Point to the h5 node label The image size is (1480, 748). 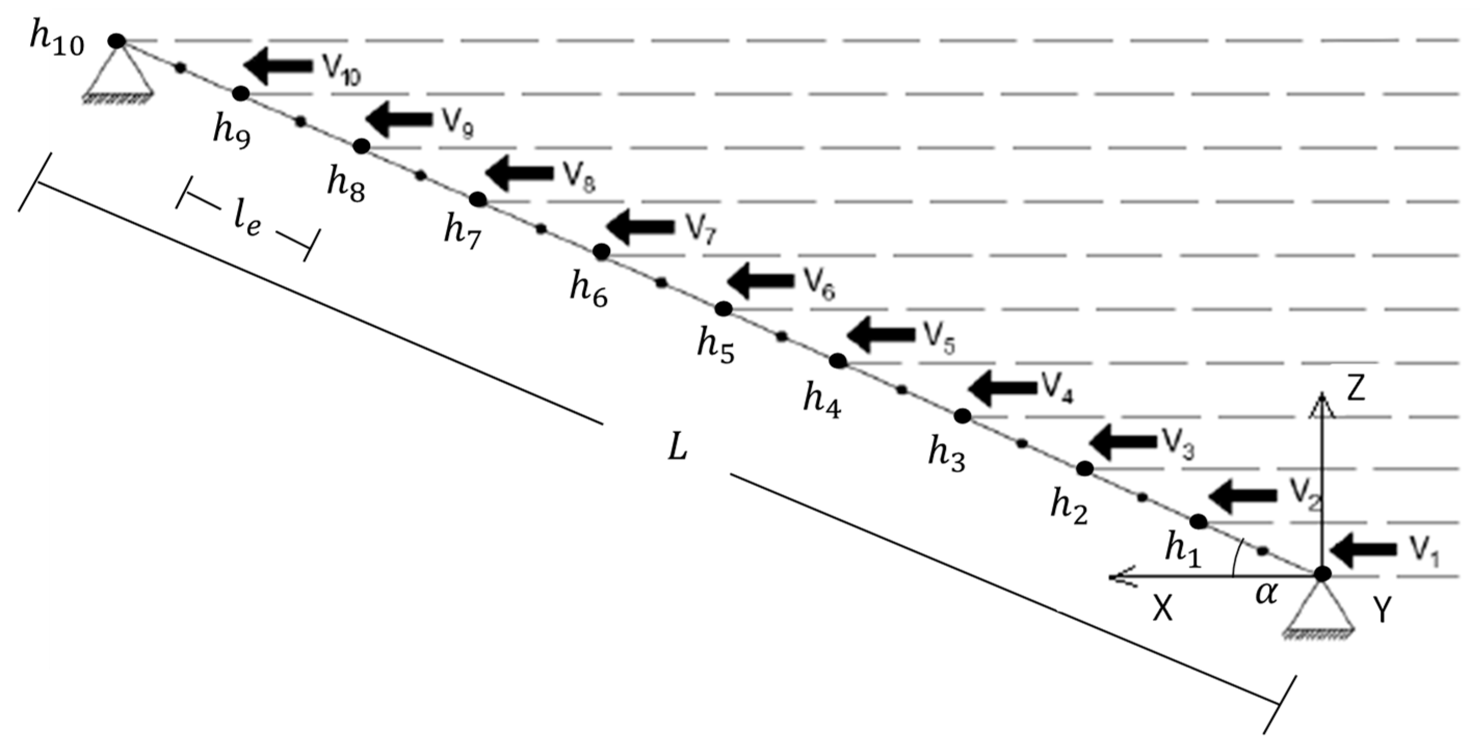716,347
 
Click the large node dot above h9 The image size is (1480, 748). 241,93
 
